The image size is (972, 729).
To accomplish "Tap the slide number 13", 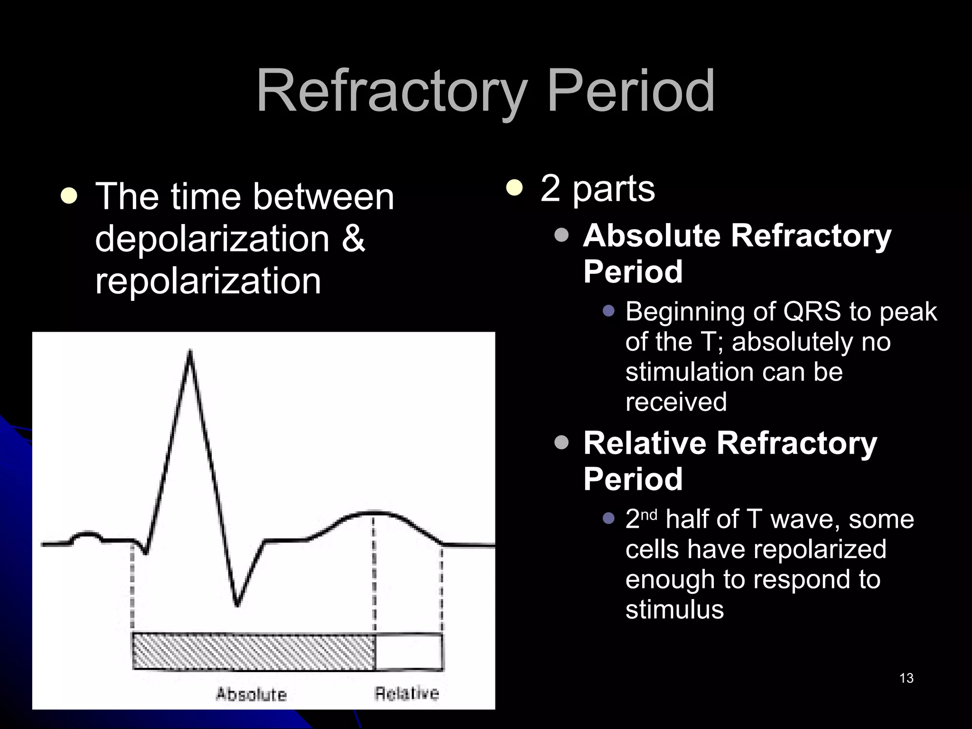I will tap(906, 678).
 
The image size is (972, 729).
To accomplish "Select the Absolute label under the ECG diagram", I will tap(252, 694).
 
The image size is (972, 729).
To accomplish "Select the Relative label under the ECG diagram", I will tap(407, 693).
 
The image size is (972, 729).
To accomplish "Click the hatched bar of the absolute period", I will tap(254, 651).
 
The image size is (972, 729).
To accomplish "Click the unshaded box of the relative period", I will tap(409, 651).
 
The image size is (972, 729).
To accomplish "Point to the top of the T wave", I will tap(375, 513).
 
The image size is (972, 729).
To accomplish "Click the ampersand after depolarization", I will tap(353, 238).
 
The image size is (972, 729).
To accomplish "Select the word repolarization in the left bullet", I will tap(208, 281).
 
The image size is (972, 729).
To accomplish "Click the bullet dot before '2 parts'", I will tap(514, 188).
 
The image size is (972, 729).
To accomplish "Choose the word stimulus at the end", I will tap(674, 609).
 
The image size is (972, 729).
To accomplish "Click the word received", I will tap(676, 402).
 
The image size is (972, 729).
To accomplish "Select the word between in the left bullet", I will tap(323, 196).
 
